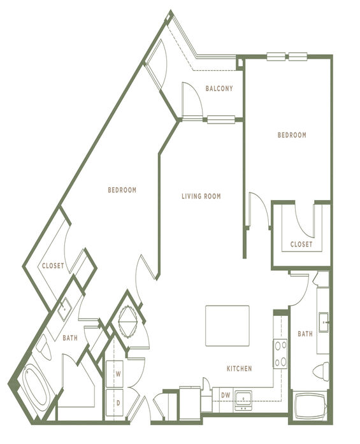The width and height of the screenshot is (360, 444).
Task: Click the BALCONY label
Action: coord(219,89)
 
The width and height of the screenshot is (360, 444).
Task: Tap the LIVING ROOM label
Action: coord(201,196)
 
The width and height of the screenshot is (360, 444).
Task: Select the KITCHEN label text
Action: coord(240,368)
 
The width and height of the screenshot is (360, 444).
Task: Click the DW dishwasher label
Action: coord(226,395)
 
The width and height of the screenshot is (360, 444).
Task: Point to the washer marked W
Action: coord(115,374)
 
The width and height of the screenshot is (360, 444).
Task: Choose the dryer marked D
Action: coord(115,403)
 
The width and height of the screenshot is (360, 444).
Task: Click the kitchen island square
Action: coord(227,326)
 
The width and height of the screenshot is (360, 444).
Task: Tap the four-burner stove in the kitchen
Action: coord(280,354)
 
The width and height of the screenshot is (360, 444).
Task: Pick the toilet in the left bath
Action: coord(43,347)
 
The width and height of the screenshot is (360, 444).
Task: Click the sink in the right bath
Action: coord(324,322)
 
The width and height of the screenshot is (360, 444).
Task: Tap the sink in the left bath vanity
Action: coord(64,309)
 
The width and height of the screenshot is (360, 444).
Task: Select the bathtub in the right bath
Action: coord(310,406)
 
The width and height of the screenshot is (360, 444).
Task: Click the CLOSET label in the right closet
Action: coord(301,244)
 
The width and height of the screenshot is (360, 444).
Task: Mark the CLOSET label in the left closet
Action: coord(53,266)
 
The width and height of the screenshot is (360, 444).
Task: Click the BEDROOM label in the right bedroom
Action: coord(292,135)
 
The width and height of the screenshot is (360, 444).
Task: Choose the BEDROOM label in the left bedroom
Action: coord(122,190)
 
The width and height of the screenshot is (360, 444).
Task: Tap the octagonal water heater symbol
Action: coord(128,322)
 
